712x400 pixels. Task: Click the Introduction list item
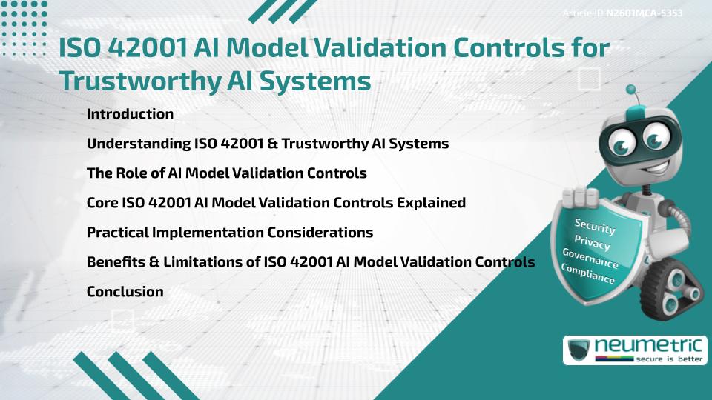[130, 114]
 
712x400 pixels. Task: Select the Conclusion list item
[125, 292]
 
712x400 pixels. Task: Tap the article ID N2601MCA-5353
[644, 13]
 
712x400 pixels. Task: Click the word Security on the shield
[595, 227]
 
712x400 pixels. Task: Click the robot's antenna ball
[631, 90]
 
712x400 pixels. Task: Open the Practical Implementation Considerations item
[229, 233]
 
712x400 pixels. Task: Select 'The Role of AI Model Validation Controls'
[226, 173]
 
